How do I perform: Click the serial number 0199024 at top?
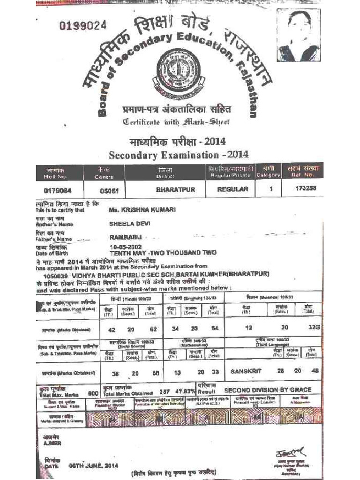[83, 26]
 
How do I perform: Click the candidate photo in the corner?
[299, 35]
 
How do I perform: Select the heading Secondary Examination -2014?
[179, 155]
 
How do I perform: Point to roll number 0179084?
[56, 190]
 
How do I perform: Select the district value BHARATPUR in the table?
[175, 190]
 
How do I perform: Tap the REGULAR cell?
[232, 189]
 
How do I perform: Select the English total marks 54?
[215, 328]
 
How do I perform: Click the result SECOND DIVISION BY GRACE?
[267, 390]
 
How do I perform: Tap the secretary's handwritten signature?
[289, 453]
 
